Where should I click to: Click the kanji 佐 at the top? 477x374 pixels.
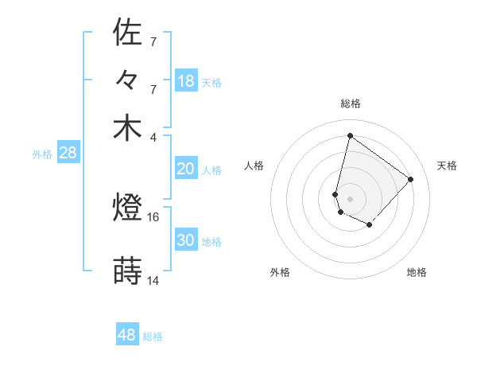point(127,33)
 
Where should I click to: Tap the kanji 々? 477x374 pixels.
point(127,81)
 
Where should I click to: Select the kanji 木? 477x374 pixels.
point(127,128)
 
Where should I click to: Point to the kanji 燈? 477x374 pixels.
point(127,209)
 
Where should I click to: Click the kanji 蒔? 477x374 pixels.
point(127,271)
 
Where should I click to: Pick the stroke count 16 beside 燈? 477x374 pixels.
point(153,216)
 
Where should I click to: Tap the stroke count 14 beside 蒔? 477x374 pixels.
point(153,280)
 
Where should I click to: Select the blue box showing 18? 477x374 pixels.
point(185,81)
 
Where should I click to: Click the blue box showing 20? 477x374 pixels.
point(185,169)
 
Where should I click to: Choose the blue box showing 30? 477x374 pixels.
point(185,240)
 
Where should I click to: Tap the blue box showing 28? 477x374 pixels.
point(68,154)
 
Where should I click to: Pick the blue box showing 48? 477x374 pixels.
point(127,335)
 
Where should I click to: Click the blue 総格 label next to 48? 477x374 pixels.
point(153,337)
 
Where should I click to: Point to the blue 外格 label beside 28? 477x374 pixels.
point(42,154)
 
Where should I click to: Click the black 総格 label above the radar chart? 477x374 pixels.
point(350,104)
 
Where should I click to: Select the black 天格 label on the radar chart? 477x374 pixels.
point(447,166)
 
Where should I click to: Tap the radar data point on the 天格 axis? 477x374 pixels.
point(410,179)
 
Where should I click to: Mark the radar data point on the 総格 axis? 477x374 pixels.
point(350,135)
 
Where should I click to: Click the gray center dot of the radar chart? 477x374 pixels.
point(350,198)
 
